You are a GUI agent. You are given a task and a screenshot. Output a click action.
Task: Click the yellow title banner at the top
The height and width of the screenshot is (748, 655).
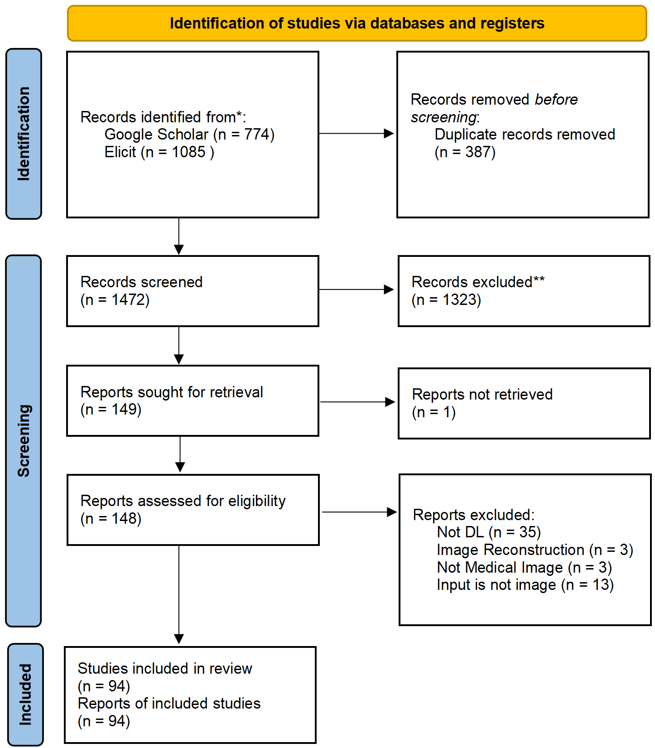(x=356, y=24)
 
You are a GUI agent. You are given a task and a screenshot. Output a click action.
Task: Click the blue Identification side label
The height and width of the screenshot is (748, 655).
(x=24, y=134)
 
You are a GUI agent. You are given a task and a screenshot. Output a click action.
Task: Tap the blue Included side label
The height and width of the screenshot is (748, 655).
(x=25, y=694)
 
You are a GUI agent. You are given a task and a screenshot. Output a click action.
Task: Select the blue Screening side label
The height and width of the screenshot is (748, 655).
(x=24, y=440)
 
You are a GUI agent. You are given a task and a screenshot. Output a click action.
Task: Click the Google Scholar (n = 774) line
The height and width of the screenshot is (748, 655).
(x=189, y=135)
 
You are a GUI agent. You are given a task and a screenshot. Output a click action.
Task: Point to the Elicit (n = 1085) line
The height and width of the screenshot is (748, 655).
(x=159, y=152)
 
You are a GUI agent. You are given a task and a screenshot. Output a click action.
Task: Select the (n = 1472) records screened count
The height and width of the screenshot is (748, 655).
(x=115, y=300)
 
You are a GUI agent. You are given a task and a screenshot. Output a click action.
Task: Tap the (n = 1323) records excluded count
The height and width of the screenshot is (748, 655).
(x=446, y=300)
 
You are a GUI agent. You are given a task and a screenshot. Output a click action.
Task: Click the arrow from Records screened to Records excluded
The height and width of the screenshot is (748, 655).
(x=356, y=290)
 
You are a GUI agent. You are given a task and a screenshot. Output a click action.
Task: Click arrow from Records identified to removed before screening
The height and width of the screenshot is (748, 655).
(x=356, y=134)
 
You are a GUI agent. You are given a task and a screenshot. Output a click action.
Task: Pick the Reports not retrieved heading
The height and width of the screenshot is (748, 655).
(x=482, y=395)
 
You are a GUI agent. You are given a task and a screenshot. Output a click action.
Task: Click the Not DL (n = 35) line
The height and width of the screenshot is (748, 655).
(x=489, y=532)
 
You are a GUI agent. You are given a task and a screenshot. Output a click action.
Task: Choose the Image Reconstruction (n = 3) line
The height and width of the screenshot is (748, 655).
(x=535, y=550)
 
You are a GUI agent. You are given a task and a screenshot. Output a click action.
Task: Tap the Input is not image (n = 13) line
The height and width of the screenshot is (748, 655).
(x=525, y=585)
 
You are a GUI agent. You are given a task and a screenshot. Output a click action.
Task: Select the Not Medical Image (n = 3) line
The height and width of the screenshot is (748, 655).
(x=524, y=568)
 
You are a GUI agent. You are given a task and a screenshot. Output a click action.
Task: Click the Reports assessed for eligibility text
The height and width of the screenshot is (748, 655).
(x=183, y=501)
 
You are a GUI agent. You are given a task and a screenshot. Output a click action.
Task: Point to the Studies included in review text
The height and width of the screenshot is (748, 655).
(x=165, y=669)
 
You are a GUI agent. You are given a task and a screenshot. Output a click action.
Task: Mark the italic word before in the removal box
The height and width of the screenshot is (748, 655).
(x=556, y=100)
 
